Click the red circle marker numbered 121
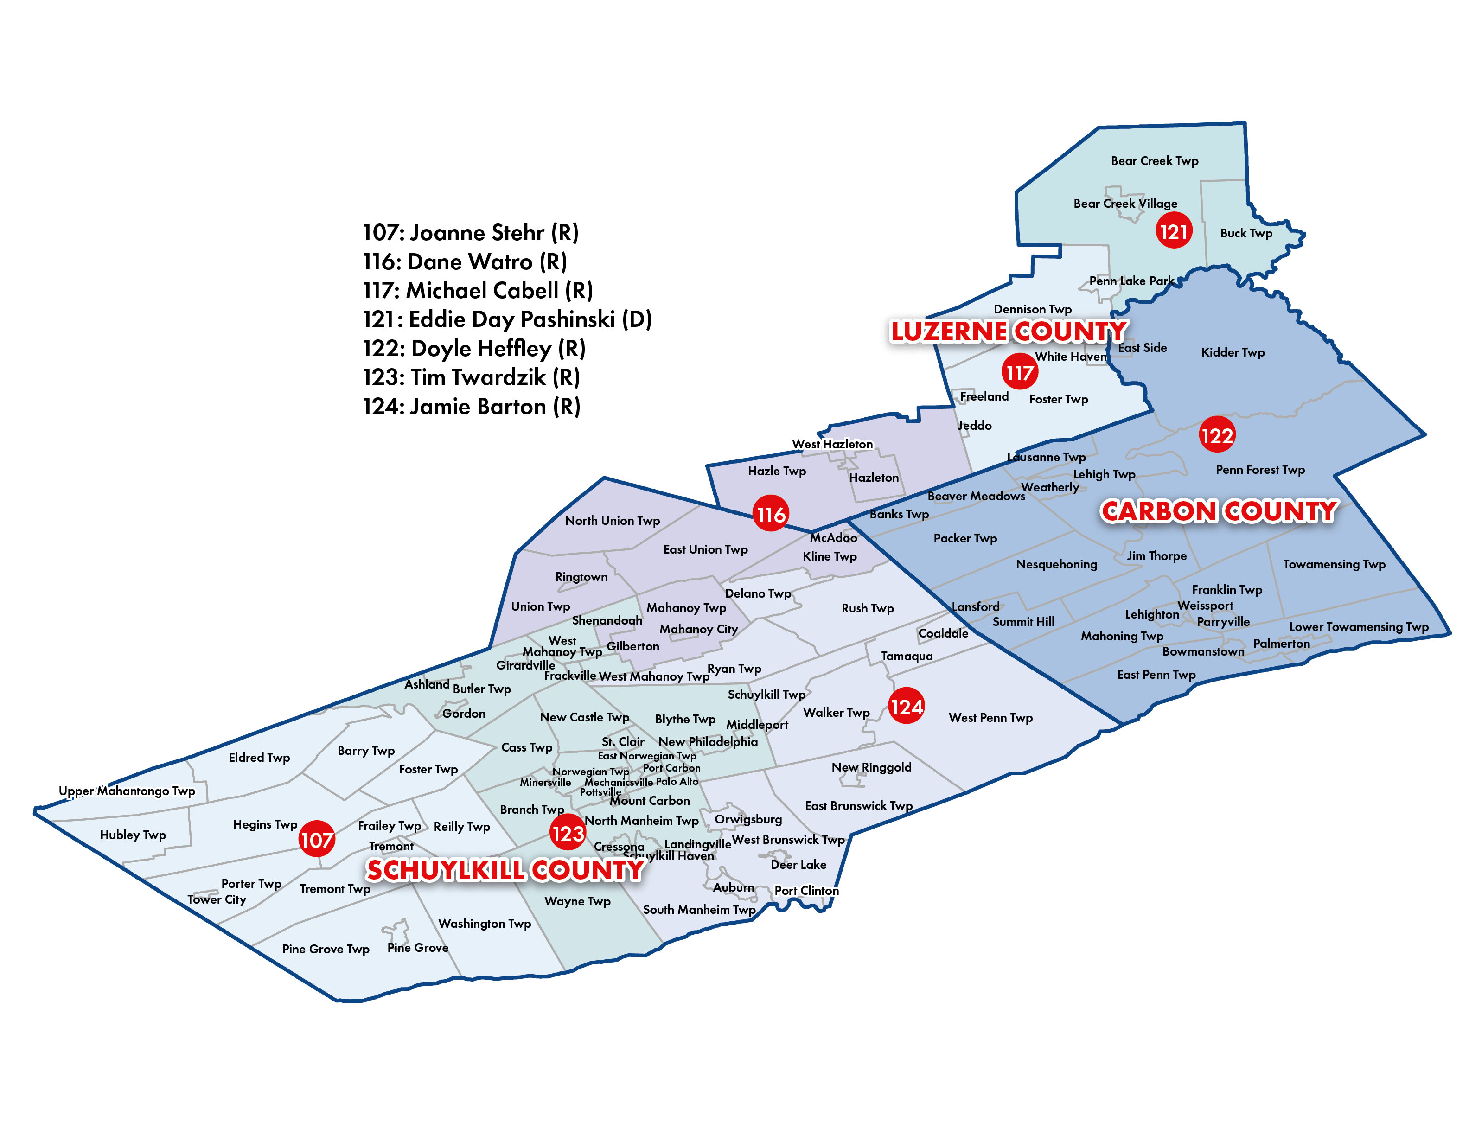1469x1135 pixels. (1174, 231)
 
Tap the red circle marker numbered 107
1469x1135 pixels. (317, 839)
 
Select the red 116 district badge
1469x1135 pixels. (770, 514)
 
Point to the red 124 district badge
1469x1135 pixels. (906, 706)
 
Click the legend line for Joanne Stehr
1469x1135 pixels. (471, 233)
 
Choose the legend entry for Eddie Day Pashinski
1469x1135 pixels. (507, 319)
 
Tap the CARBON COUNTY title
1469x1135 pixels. (1219, 512)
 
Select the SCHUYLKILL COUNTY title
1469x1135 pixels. (505, 870)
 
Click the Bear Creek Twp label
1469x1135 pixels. (1154, 161)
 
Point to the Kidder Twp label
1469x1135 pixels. (1233, 352)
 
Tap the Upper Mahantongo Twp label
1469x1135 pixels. (127, 791)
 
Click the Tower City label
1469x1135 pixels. (217, 899)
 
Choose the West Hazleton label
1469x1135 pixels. (832, 444)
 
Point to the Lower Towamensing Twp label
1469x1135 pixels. (1359, 627)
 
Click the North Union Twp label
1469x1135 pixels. (612, 520)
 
